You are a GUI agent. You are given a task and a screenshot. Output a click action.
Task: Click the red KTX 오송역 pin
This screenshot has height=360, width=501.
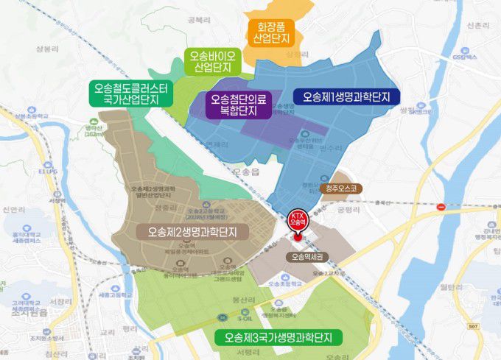coord(298,222)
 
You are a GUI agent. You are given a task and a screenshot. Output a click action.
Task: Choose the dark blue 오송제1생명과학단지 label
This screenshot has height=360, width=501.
coord(346,96)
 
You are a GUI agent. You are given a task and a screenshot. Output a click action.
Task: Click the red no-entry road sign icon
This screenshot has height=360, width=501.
coord(441,206)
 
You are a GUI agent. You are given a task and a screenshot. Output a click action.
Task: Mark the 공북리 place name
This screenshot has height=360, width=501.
coord(199,21)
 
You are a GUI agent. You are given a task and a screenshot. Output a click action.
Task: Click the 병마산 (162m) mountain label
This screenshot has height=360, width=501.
coord(94,130)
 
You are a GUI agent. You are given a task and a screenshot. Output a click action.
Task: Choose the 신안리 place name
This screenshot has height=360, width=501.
coord(15,210)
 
